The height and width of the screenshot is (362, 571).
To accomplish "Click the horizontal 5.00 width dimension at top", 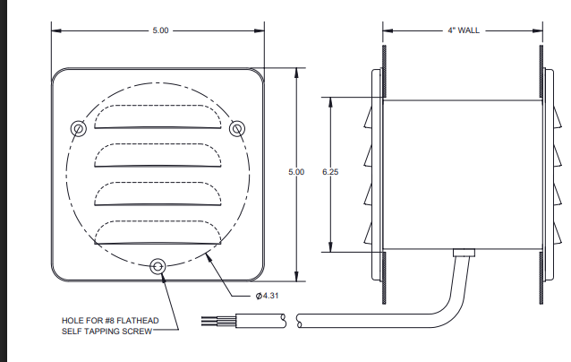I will point(159,30).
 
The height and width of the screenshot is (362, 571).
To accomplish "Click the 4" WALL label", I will point(463,30).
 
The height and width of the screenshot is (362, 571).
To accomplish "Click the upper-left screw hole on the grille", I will point(80,128).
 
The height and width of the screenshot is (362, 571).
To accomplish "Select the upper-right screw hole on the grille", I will point(237,128).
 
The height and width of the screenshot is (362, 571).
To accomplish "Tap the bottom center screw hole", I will point(158,266).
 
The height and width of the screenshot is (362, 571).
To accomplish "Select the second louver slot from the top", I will point(158,154).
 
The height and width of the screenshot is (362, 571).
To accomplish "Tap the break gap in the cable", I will point(292,318).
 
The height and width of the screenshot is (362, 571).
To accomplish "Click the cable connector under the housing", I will point(464,253).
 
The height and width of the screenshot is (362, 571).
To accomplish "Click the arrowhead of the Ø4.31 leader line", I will point(208,255).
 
